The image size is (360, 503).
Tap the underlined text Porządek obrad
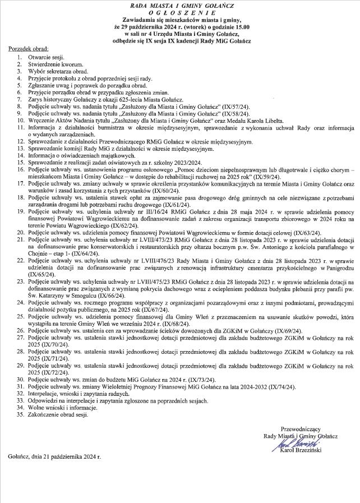point(29,50)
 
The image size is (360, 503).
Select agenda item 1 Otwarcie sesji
point(47,58)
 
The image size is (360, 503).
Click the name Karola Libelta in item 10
point(267,121)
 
